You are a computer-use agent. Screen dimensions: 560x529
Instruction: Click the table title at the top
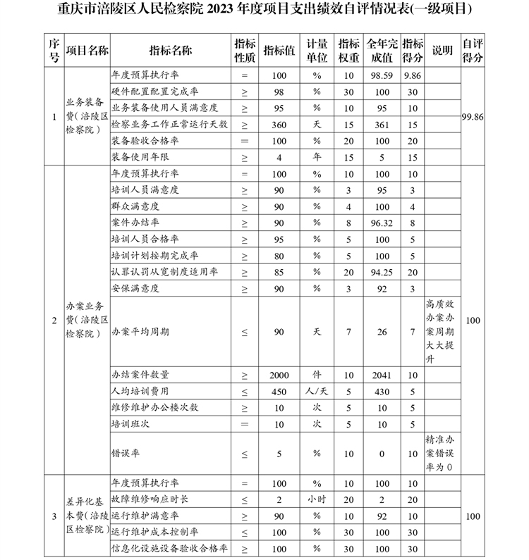pos(264,11)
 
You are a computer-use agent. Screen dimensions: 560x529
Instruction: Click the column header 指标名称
pos(170,51)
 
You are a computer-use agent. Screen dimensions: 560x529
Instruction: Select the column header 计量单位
pos(317,51)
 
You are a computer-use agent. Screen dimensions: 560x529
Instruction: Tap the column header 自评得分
pos(473,51)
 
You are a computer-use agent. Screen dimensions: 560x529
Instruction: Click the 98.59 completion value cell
pos(383,75)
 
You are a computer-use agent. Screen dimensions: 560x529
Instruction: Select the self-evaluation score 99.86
pos(473,116)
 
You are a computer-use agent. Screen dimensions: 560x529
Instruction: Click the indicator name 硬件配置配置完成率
pos(154,91)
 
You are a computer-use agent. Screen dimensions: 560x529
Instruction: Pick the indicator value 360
pos(279,124)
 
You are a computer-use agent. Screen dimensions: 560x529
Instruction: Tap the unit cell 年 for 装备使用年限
pos(317,157)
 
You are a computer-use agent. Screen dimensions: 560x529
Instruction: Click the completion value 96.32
pos(383,223)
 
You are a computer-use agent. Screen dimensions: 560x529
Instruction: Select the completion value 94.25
pos(383,272)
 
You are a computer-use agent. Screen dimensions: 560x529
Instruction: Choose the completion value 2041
pos(383,375)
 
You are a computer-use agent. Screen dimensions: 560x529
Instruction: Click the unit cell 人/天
pos(317,391)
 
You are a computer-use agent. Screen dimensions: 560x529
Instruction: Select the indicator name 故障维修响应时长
pos(150,499)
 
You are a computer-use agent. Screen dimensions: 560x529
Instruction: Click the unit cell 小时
pos(317,499)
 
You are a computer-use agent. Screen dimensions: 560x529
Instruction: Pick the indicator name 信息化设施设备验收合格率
pos(169,549)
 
